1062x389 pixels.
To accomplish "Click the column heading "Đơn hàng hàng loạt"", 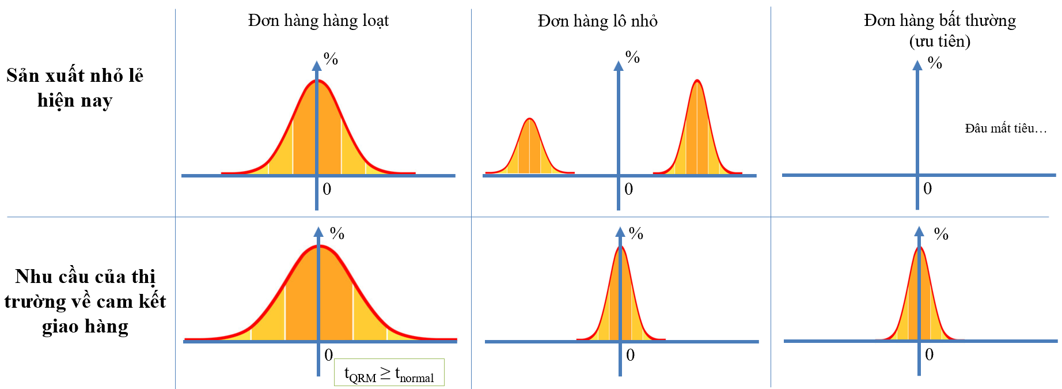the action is click(x=318, y=21).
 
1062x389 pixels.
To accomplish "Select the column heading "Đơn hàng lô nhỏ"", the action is click(x=597, y=21).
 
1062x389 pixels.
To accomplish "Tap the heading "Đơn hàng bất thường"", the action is click(x=940, y=21).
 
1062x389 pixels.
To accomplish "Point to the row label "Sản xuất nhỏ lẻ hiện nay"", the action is click(x=75, y=88).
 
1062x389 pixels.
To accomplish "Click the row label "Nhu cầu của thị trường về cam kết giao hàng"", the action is click(x=85, y=301).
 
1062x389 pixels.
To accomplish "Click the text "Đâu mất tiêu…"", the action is click(x=1006, y=128).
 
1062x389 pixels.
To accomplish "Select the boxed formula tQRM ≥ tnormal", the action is click(x=389, y=372).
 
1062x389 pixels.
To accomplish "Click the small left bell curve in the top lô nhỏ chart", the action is click(x=530, y=146).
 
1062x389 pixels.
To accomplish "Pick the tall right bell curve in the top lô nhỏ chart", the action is click(x=697, y=127).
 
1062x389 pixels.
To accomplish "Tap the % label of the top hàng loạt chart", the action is click(x=331, y=58).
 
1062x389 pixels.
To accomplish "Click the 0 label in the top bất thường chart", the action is click(x=927, y=188).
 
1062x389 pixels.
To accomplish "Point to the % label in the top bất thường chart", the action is click(x=935, y=63).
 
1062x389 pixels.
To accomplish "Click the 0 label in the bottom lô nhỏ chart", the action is click(x=630, y=355).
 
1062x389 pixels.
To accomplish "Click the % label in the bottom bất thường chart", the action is click(x=941, y=233).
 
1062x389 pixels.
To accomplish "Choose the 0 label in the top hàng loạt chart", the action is click(x=327, y=189).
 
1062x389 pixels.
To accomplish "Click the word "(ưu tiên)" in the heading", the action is click(x=940, y=41).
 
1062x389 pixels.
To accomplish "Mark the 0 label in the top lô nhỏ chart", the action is click(x=628, y=189).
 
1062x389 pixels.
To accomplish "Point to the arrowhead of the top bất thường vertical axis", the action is click(x=917, y=65).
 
